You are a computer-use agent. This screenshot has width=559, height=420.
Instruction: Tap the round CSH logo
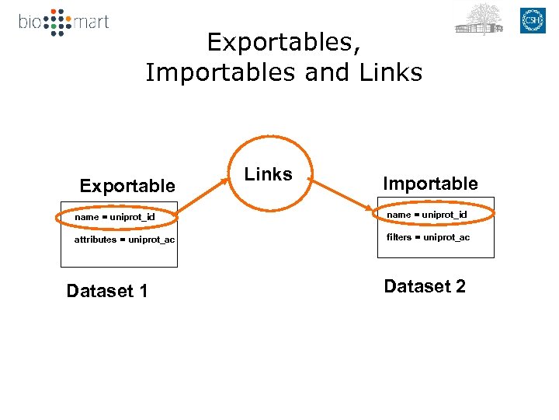click(533, 21)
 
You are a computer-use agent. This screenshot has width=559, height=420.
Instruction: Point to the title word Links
click(391, 72)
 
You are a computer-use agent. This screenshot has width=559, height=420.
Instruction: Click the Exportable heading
click(127, 186)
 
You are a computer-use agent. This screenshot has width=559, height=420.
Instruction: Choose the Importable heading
click(430, 184)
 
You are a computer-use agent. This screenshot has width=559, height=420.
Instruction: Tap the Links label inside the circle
click(269, 174)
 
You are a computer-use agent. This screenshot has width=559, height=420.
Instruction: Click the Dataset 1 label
click(107, 291)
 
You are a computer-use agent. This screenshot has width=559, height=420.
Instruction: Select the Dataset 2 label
click(425, 286)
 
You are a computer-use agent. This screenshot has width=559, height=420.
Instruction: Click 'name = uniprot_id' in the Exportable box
click(115, 216)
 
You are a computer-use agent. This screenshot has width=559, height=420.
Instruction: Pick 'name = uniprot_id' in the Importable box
click(427, 214)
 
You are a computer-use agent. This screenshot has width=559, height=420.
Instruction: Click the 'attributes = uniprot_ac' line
click(124, 240)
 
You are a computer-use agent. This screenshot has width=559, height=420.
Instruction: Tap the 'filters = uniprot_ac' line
click(428, 237)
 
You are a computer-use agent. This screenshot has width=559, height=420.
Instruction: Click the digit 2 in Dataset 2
click(460, 286)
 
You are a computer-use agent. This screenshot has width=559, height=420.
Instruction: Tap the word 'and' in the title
click(327, 72)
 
